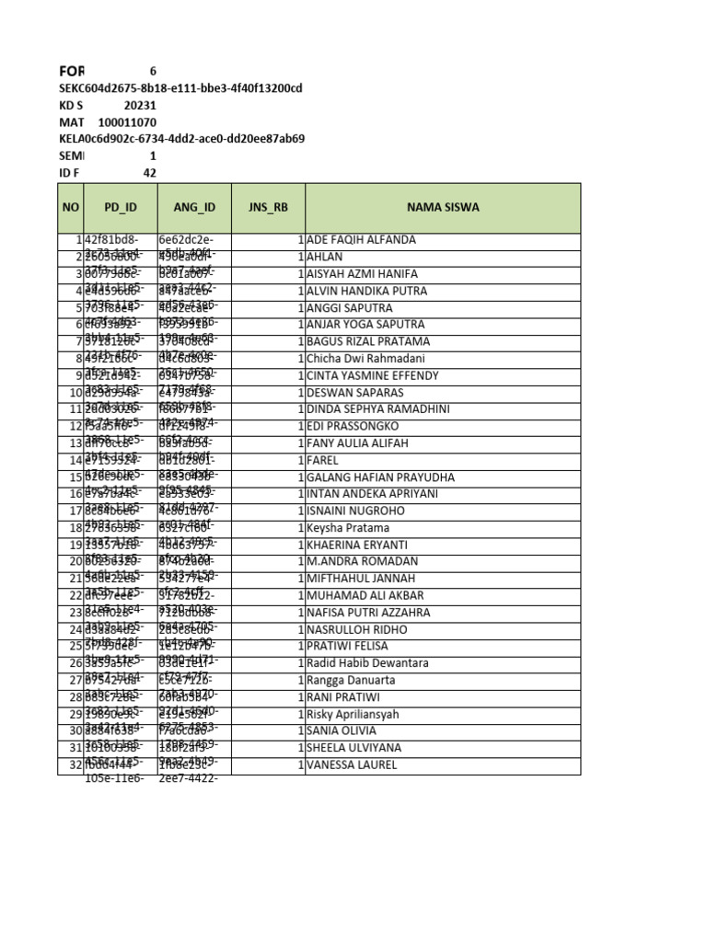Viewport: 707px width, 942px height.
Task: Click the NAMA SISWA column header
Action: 443,208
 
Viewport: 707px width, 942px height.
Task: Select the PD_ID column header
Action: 120,208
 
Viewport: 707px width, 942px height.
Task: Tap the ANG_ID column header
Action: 194,208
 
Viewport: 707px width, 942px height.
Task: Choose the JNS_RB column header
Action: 268,208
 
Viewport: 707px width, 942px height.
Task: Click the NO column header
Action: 70,208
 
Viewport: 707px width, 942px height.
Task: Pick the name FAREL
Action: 323,460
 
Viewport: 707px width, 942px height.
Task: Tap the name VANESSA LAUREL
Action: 353,764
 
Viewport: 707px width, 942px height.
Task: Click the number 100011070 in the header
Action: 127,122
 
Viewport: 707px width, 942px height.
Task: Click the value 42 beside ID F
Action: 149,173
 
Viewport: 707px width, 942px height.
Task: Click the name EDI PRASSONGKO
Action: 353,427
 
